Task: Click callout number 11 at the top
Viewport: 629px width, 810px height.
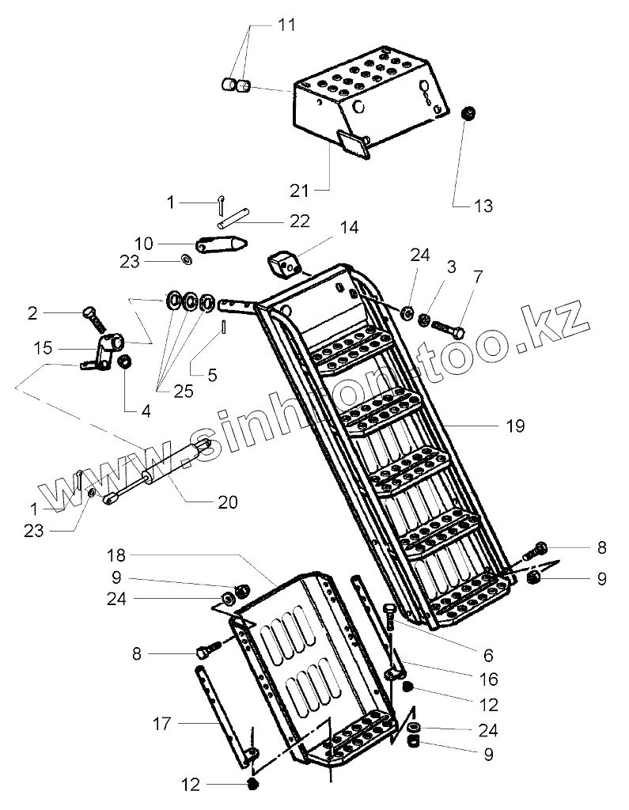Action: (x=286, y=25)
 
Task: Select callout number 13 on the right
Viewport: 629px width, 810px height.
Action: (x=483, y=206)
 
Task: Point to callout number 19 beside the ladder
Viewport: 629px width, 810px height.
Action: (x=514, y=426)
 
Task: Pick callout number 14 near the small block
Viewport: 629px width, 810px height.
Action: (x=349, y=228)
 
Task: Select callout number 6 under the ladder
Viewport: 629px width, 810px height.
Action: (x=488, y=655)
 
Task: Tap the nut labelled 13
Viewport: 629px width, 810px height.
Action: (x=468, y=113)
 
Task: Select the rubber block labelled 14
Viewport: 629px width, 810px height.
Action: (x=285, y=263)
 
